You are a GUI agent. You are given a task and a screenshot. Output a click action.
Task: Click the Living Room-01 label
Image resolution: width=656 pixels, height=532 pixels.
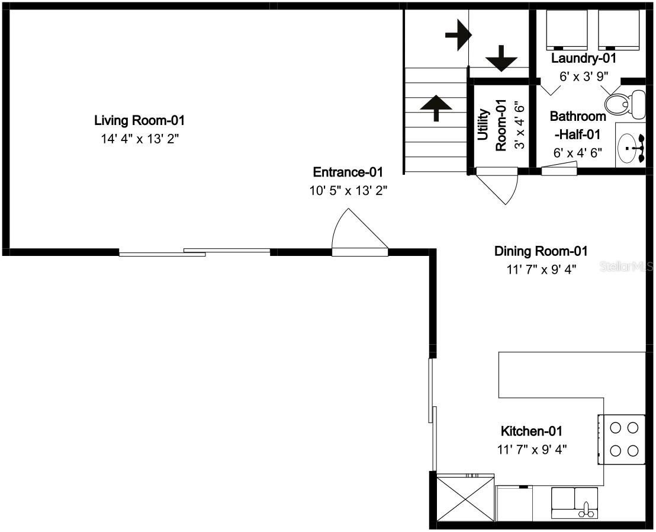(x=140, y=121)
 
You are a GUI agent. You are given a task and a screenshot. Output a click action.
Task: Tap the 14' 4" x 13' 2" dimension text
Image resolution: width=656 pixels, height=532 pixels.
(x=140, y=140)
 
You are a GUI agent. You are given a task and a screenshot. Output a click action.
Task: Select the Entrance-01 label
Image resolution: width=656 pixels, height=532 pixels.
(x=348, y=172)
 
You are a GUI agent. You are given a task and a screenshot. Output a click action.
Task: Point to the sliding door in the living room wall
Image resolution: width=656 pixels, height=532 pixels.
(x=195, y=252)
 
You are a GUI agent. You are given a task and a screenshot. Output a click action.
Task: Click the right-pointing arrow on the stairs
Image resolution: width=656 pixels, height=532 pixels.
(x=458, y=36)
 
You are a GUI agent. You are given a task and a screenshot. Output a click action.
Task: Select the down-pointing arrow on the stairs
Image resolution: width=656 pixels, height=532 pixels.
(x=501, y=59)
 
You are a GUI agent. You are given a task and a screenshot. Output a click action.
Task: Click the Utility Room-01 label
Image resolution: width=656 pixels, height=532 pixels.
(x=491, y=125)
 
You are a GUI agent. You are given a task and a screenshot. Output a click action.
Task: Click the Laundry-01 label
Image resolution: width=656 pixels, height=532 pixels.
(x=584, y=59)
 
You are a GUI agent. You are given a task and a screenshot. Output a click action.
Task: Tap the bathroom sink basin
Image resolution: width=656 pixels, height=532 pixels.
(x=631, y=145)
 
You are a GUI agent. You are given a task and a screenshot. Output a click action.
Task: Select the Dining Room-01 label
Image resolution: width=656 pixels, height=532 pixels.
(x=541, y=251)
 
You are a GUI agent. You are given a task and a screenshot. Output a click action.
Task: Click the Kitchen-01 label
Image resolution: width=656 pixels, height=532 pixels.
(x=531, y=431)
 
